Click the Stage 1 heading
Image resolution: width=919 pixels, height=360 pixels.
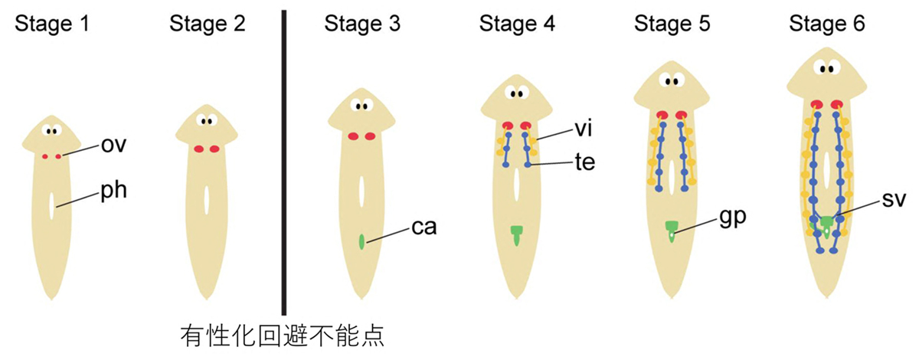52,24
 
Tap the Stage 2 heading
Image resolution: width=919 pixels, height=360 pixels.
207,24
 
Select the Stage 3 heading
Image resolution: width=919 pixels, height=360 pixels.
362,24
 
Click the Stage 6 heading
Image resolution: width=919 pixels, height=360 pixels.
827,24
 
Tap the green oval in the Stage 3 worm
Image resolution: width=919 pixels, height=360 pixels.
361,241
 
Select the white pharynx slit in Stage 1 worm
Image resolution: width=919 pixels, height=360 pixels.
51,206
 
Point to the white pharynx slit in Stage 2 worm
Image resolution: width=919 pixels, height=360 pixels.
207,200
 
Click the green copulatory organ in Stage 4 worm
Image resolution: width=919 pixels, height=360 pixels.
517,233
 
